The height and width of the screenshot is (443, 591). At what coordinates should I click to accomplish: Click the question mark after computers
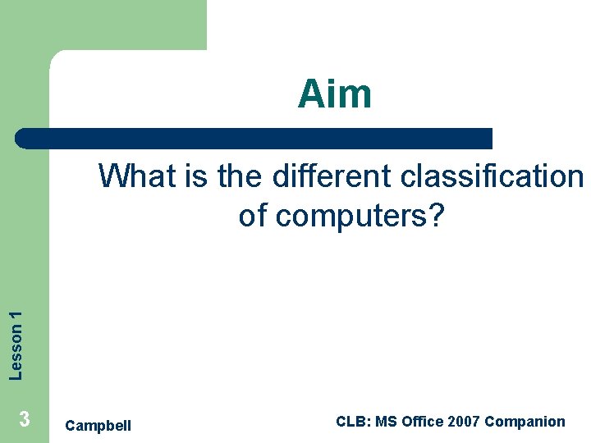435,216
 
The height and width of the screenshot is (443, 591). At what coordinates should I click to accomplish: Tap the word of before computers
254,216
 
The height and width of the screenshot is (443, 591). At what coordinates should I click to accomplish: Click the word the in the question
242,176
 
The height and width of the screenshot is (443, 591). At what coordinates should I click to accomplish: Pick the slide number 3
25,420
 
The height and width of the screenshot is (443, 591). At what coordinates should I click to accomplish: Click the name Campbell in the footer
98,425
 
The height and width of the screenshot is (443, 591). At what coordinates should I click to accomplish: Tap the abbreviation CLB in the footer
353,422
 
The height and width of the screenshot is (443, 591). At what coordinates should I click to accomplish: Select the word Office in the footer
432,422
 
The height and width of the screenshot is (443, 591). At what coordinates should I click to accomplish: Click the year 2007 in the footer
466,422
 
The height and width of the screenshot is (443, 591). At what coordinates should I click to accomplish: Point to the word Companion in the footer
525,422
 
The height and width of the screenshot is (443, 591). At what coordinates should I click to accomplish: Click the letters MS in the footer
395,422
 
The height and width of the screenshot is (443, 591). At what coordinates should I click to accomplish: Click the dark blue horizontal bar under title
254,138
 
